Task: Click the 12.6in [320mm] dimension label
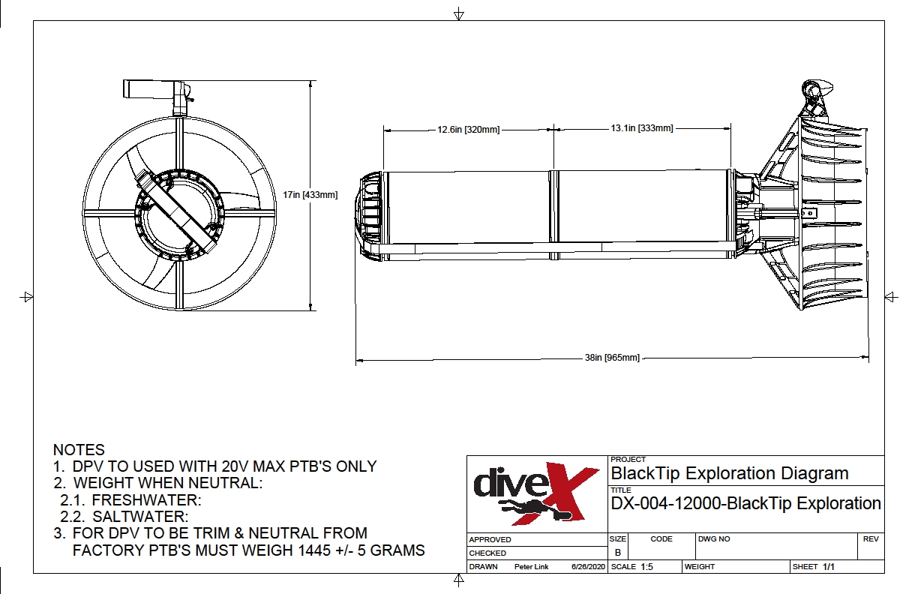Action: pyautogui.click(x=469, y=130)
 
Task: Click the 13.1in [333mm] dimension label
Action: pyautogui.click(x=641, y=128)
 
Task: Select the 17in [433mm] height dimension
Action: pyautogui.click(x=310, y=195)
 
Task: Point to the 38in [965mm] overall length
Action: pyautogui.click(x=612, y=358)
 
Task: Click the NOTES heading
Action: pyautogui.click(x=79, y=450)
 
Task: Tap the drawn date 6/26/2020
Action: pyautogui.click(x=588, y=567)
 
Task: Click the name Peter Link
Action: pyautogui.click(x=531, y=567)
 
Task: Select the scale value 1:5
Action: pyautogui.click(x=646, y=567)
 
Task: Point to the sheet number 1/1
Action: pyautogui.click(x=829, y=567)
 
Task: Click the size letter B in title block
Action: pyautogui.click(x=617, y=552)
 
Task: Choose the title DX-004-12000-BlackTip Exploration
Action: pyautogui.click(x=746, y=503)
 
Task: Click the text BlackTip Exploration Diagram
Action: pyautogui.click(x=730, y=473)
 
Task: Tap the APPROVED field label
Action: pyautogui.click(x=490, y=539)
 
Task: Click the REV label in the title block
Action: pyautogui.click(x=870, y=538)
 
